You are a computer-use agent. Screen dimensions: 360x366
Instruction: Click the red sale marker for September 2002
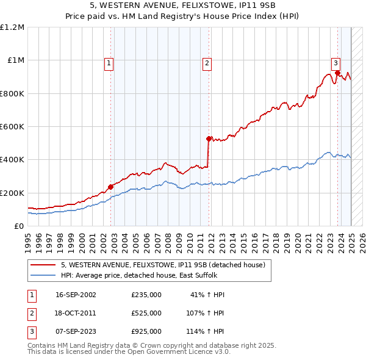click(111, 187)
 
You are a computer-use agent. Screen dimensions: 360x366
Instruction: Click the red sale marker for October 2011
click(209, 139)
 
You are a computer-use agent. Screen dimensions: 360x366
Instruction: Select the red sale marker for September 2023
click(337, 73)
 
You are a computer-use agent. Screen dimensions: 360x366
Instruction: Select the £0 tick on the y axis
click(18, 226)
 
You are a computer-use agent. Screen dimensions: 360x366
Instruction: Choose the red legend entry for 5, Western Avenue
click(162, 265)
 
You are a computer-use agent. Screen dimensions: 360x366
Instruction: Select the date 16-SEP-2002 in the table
click(76, 295)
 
